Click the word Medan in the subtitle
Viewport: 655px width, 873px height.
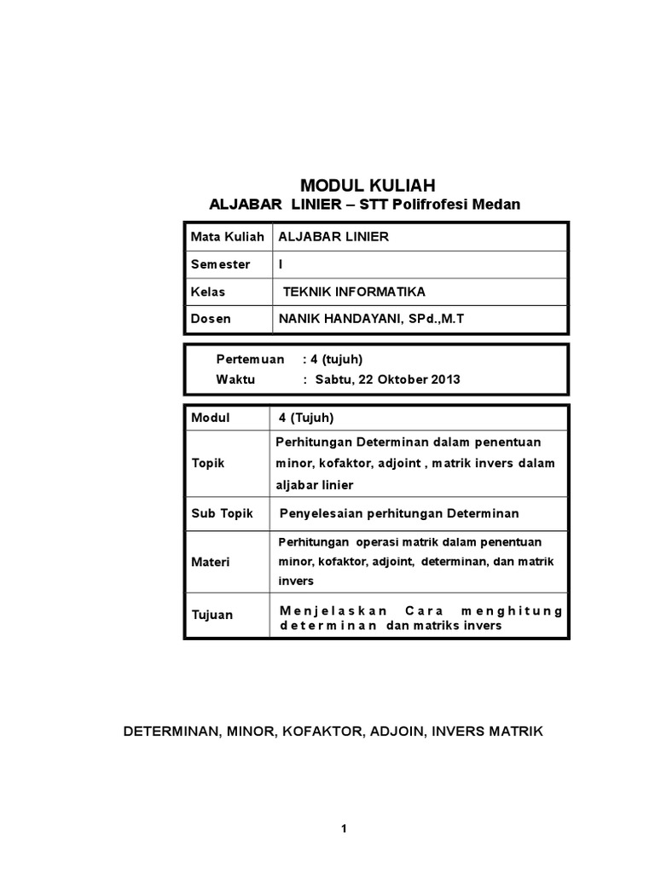(x=496, y=205)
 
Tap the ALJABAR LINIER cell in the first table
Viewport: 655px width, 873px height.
(x=327, y=237)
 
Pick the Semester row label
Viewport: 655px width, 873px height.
(x=220, y=264)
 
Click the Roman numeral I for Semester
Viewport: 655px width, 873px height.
(x=281, y=264)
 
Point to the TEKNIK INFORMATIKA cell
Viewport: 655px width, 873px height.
(x=354, y=292)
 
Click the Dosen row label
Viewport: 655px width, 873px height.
(x=211, y=319)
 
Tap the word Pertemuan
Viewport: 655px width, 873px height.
(x=250, y=360)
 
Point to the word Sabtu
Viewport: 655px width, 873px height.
(x=333, y=379)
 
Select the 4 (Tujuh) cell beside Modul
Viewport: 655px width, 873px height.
(x=306, y=418)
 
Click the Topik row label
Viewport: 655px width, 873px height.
(x=208, y=463)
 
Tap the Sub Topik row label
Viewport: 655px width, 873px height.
(x=217, y=513)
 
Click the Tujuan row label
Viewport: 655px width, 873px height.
(x=212, y=615)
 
